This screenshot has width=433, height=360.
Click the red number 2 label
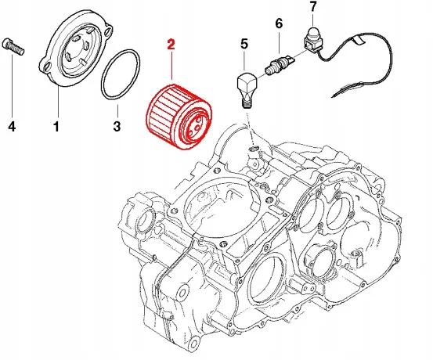[x=171, y=45]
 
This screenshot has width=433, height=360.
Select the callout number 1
[x=56, y=127]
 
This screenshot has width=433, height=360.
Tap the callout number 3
[x=117, y=127]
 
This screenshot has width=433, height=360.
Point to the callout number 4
[x=12, y=127]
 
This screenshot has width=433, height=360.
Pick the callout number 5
[x=244, y=44]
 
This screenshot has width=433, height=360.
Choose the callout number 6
[x=280, y=23]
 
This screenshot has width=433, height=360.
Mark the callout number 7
[x=312, y=7]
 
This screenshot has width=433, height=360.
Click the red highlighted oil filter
[x=179, y=117]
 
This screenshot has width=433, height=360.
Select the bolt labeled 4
[x=13, y=47]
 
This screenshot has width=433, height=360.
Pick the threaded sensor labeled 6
[x=279, y=64]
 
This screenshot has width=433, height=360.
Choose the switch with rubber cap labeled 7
[x=312, y=39]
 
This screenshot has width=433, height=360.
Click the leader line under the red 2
[x=171, y=66]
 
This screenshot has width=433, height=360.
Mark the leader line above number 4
[x=13, y=87]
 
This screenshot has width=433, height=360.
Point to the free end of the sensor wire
[x=332, y=96]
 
